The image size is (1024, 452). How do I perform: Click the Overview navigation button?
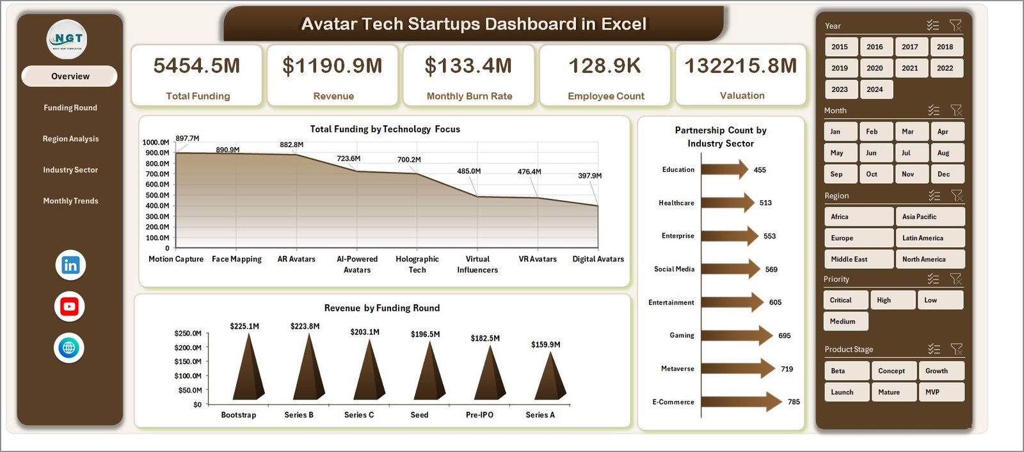click(x=70, y=76)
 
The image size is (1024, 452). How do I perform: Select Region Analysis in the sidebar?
click(x=70, y=139)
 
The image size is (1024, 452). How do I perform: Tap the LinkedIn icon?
click(x=70, y=265)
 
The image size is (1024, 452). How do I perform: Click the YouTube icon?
click(x=69, y=307)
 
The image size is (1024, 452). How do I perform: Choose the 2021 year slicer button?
click(x=909, y=68)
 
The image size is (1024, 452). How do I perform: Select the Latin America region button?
click(x=929, y=238)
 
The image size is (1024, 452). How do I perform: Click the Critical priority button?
click(x=844, y=300)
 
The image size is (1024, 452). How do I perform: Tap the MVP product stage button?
click(x=940, y=392)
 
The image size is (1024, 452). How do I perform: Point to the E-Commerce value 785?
click(x=794, y=402)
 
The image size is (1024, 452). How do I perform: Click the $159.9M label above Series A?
click(x=545, y=345)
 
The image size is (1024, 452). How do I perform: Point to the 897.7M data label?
click(x=187, y=138)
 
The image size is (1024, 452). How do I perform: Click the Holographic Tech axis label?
click(x=417, y=264)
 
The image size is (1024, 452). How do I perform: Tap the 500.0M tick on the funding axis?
click(x=156, y=195)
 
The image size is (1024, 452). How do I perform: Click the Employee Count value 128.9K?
click(x=604, y=66)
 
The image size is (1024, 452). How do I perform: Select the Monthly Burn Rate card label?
click(x=469, y=96)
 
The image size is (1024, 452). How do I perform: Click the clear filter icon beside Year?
click(x=955, y=26)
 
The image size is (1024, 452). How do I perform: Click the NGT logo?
click(x=67, y=40)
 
